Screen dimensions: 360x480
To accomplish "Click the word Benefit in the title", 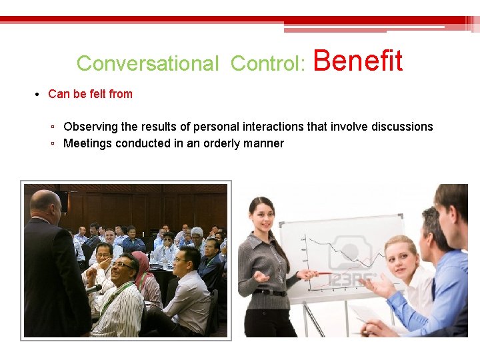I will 357,61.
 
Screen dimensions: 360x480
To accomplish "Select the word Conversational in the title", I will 147,63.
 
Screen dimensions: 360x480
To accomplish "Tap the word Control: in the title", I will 268,63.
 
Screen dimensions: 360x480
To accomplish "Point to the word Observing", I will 91,127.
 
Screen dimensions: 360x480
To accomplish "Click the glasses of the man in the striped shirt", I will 122,265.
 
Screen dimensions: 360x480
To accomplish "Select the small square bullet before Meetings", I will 53,144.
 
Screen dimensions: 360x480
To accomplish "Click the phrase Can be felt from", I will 90,94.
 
